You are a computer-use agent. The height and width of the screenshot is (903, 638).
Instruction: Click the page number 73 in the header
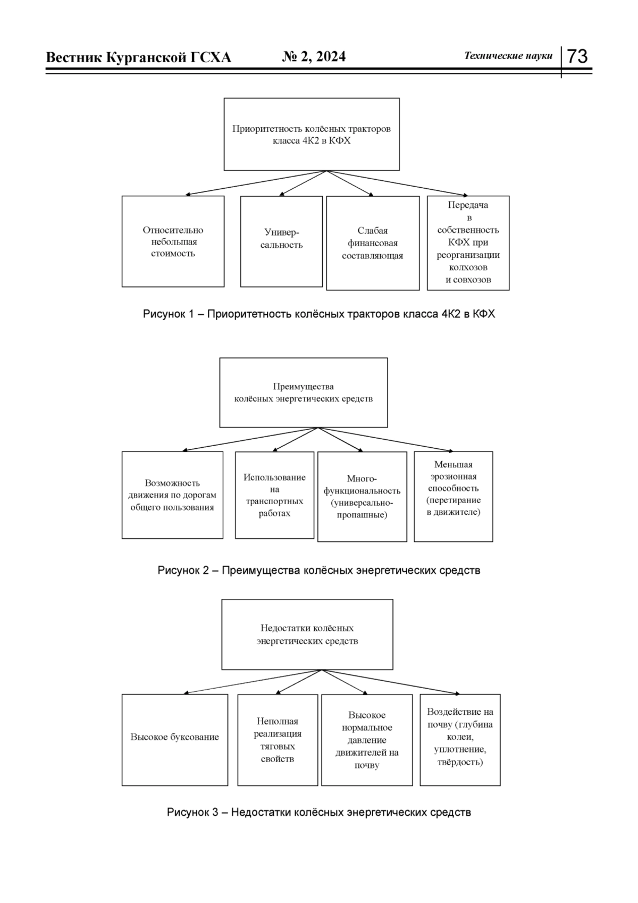coord(577,56)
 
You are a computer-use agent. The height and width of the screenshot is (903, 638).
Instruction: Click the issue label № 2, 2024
coord(314,56)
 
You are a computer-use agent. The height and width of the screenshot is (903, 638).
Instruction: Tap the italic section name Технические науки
coord(508,56)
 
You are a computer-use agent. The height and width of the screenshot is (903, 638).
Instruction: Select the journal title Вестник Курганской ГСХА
coord(139,57)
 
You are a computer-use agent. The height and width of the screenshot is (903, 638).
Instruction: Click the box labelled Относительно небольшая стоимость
coord(173,241)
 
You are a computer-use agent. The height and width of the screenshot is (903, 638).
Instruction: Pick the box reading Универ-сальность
coord(281,241)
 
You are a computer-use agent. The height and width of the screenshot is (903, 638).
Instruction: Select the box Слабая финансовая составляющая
coord(373,243)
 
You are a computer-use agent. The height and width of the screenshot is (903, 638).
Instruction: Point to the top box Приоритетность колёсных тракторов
coord(312,134)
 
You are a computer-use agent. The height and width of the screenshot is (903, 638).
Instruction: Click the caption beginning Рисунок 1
coord(319,314)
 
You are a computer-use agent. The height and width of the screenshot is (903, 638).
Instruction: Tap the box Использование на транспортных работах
coord(274,495)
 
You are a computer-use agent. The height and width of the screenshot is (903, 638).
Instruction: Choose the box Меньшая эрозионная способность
coord(454,496)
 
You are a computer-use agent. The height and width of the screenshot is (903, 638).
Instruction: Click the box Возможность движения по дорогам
coord(172,495)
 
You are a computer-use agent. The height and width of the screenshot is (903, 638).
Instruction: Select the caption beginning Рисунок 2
coord(319,571)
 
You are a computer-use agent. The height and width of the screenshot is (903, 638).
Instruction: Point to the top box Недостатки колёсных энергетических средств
coord(307,634)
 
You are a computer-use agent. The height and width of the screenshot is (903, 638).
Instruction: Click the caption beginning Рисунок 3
coord(319,812)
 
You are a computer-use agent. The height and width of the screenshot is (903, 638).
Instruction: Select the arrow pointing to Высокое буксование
coord(253,682)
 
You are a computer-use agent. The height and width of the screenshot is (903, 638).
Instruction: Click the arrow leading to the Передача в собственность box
coord(397,183)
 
